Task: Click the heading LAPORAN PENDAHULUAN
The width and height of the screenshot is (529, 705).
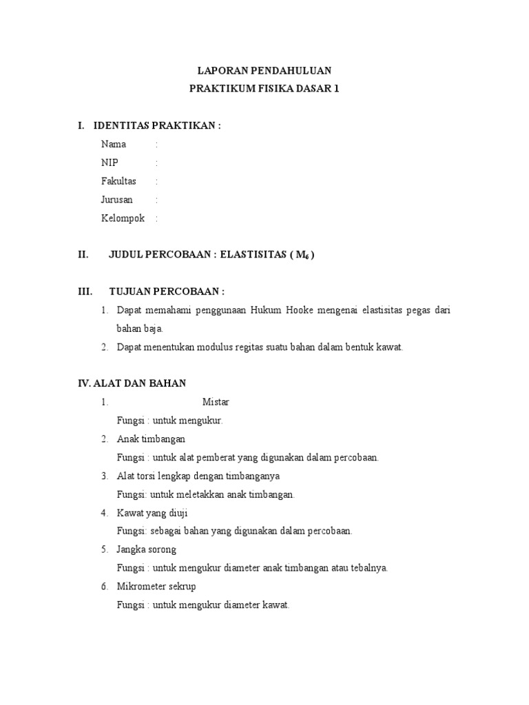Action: [264, 70]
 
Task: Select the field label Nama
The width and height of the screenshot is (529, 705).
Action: [114, 145]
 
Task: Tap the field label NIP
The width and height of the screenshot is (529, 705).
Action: [110, 163]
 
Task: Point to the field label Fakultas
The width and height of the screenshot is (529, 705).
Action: [118, 182]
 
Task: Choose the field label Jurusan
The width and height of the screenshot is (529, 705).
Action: [117, 200]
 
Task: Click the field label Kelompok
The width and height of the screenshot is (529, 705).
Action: [123, 219]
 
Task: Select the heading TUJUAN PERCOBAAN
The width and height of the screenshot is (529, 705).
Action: [167, 292]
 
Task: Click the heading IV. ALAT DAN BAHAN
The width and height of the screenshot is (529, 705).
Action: [132, 383]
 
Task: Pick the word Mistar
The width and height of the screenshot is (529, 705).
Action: [216, 402]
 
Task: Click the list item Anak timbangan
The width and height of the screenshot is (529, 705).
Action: [151, 439]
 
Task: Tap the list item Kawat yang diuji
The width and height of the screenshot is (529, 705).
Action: [152, 513]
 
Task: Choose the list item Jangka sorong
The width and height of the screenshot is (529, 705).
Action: [147, 549]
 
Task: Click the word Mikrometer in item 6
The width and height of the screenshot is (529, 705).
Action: [140, 587]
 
